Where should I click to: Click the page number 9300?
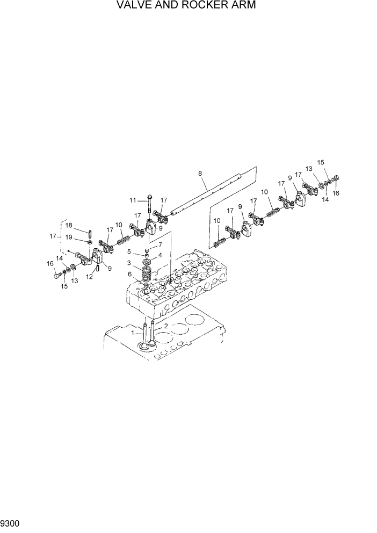coord(10,521)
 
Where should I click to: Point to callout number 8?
coord(200,174)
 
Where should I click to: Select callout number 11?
coord(133,200)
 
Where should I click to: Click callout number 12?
coord(90,277)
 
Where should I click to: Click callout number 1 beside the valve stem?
coord(133,333)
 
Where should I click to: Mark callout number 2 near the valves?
coord(165,326)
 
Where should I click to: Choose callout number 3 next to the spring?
coord(128,263)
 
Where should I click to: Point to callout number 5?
coord(129,251)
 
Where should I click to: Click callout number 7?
coord(159,244)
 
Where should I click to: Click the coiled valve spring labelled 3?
coord(145,271)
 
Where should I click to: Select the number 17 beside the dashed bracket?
coord(53,236)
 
